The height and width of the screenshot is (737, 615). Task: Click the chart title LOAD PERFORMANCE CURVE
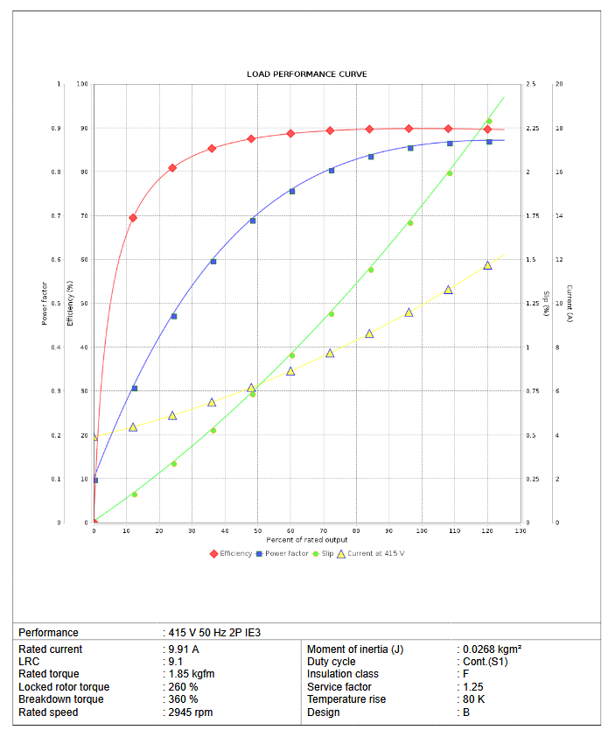(306, 74)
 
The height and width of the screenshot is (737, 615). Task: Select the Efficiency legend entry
(231, 553)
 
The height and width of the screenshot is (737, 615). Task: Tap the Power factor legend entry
(284, 553)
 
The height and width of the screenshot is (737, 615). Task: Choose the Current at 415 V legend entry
(375, 553)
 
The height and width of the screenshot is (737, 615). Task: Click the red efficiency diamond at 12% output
(133, 218)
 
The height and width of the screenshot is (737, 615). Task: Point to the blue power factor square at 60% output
(292, 191)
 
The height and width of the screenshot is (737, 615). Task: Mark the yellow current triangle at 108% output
(448, 290)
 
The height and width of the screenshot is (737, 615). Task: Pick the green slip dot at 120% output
(489, 122)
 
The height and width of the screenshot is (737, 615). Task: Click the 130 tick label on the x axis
(521, 531)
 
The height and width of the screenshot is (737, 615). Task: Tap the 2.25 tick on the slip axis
(532, 129)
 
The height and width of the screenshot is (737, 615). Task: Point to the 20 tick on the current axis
(559, 85)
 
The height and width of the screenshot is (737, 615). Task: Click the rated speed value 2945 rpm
(191, 712)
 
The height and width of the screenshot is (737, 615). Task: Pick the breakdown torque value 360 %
(184, 699)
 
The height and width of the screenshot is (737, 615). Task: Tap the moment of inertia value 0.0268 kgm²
(492, 649)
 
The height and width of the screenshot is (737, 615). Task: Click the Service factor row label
(339, 687)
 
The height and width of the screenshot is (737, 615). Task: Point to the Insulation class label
(343, 674)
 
